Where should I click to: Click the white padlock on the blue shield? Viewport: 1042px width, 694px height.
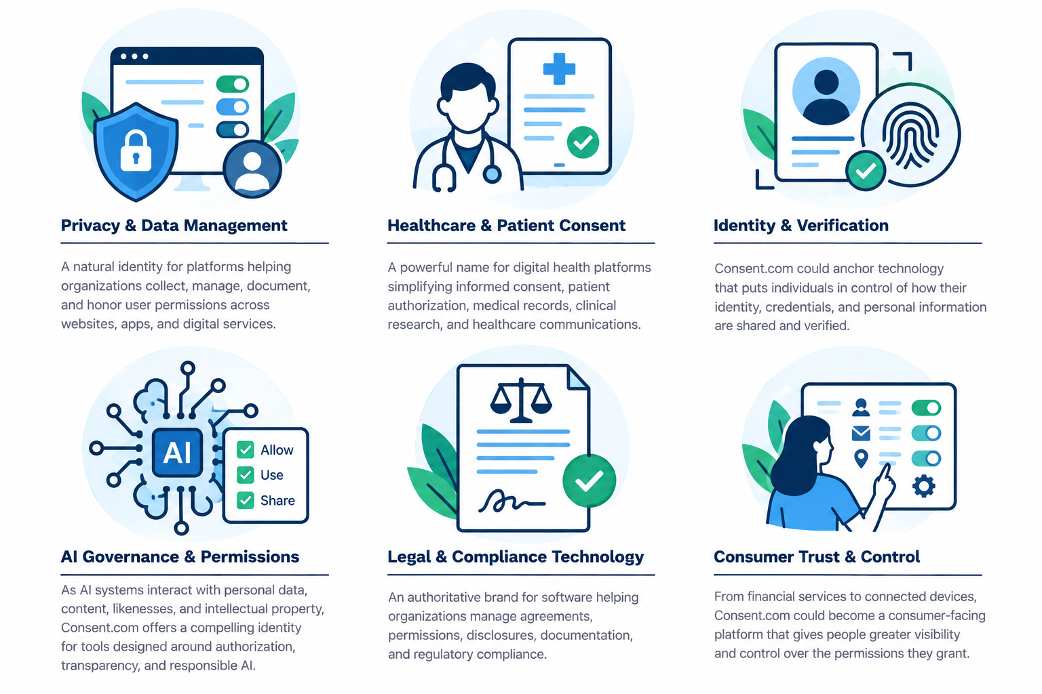coord(136,151)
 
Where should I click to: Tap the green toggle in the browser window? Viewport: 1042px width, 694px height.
coord(233,84)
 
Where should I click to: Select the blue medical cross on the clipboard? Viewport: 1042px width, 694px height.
coord(559,69)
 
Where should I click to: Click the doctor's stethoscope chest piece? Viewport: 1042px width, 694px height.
coord(492,174)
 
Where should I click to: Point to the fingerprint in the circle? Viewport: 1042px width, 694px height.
coord(910,136)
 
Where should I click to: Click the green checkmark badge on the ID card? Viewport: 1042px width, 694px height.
coord(865,171)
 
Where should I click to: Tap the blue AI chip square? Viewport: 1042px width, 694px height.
coord(177,452)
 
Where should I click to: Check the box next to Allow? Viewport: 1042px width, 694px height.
coord(245,449)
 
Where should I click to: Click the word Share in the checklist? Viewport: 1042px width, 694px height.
coord(277,500)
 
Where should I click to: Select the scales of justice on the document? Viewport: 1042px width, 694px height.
coord(521,400)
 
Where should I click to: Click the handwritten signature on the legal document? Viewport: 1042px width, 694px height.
coord(512,501)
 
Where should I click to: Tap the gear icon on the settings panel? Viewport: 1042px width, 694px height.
coord(923,486)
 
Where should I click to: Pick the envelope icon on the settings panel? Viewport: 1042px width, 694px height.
coord(861,433)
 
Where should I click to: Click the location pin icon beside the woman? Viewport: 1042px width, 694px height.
coord(861,458)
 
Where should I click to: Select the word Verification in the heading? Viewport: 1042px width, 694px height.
coord(843,226)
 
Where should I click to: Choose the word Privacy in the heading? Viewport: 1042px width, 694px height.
coord(90,226)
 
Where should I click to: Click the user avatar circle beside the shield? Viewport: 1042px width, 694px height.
coord(252,169)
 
